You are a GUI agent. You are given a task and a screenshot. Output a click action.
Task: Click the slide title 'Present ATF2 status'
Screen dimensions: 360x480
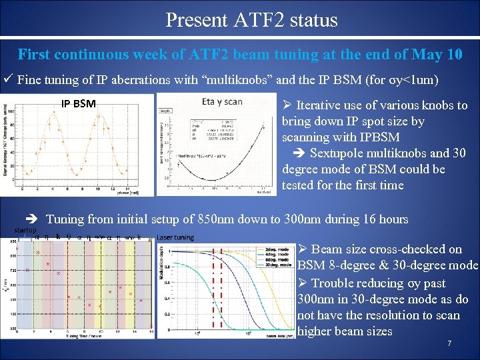pyautogui.click(x=251, y=20)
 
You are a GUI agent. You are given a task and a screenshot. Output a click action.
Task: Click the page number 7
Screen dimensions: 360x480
pyautogui.click(x=449, y=344)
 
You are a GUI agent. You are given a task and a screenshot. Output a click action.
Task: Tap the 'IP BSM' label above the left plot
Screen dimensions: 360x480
pyautogui.click(x=78, y=103)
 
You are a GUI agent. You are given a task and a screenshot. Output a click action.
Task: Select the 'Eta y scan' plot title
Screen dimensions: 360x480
pyautogui.click(x=222, y=102)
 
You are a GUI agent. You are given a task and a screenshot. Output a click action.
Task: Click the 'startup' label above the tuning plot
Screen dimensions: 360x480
pyautogui.click(x=25, y=230)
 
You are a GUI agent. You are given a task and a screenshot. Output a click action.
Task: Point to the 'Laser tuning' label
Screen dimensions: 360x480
pyautogui.click(x=175, y=237)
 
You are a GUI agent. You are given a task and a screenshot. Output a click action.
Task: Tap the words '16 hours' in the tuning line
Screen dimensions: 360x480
pyautogui.click(x=385, y=219)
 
